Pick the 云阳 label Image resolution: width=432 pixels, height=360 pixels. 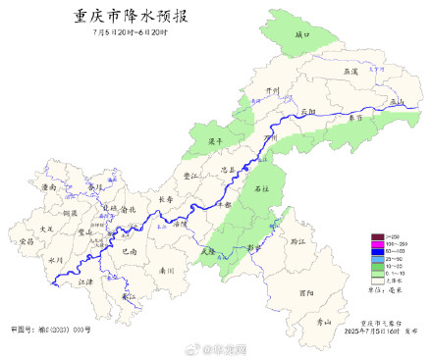[x=308, y=112]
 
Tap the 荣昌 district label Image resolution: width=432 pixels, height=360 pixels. [x=27, y=240]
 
